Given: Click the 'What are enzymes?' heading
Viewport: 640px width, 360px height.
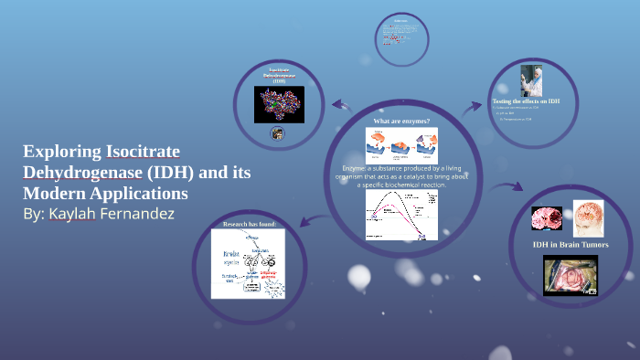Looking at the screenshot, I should pyautogui.click(x=401, y=121).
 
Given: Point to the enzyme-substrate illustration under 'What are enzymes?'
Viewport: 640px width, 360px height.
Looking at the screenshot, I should pyautogui.click(x=401, y=145).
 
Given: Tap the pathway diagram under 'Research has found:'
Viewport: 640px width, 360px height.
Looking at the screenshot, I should pyautogui.click(x=248, y=263).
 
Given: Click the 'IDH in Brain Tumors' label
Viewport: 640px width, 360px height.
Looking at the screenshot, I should pyautogui.click(x=571, y=244).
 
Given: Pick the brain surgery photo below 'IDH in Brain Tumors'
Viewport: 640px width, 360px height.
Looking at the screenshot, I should pyautogui.click(x=571, y=275).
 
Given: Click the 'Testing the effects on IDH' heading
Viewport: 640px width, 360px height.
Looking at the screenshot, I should pyautogui.click(x=526, y=101).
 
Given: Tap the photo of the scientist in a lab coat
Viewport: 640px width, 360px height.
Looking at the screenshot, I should pyautogui.click(x=531, y=80).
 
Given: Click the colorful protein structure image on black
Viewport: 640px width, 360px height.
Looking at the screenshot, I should pyautogui.click(x=279, y=105).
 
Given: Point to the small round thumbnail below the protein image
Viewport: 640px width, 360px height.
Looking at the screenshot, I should pyautogui.click(x=278, y=133).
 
